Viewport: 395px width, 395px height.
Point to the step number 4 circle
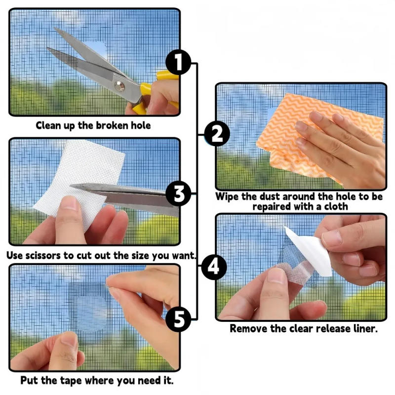(213, 267)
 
